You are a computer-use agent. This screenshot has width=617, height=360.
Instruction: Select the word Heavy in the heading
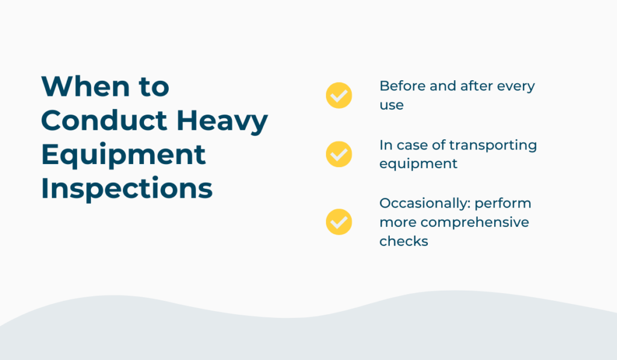tap(222, 122)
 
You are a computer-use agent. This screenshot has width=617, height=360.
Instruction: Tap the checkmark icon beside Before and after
tap(339, 95)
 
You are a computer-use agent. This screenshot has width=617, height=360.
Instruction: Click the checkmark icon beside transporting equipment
tap(339, 154)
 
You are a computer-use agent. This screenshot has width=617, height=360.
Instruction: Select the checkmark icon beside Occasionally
tap(339, 222)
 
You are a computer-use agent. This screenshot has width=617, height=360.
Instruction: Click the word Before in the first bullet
tap(402, 86)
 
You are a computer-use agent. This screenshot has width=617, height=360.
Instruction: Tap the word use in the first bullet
tap(392, 106)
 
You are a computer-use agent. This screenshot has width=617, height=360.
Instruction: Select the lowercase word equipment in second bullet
tap(418, 164)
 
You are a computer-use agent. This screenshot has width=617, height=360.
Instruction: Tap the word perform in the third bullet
tap(503, 204)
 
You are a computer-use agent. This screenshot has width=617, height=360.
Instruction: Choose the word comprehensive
tap(475, 223)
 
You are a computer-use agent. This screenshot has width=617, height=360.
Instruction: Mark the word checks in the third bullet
tap(404, 241)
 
